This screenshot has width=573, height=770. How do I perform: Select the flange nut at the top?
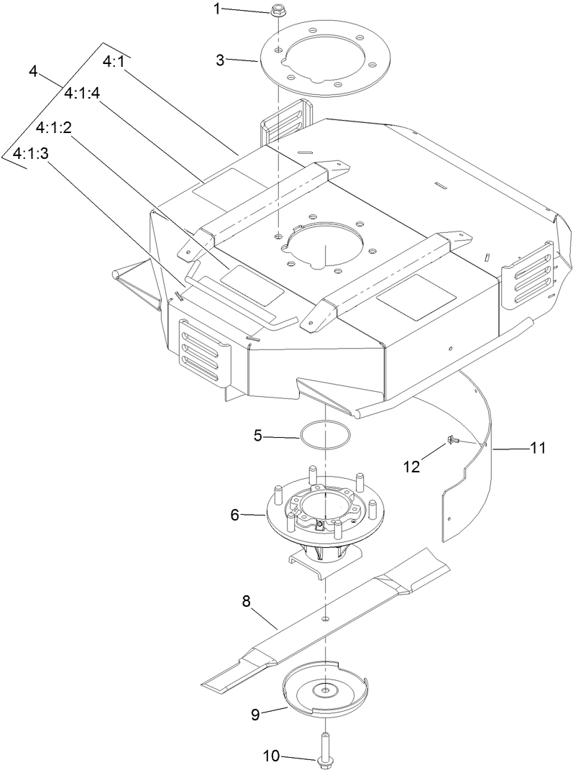(x=277, y=11)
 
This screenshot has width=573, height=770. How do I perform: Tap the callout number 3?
(x=225, y=60)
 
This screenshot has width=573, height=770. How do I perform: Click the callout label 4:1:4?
(x=83, y=94)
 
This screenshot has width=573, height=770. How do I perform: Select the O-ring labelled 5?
(x=325, y=435)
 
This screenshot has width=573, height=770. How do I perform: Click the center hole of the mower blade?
(x=325, y=618)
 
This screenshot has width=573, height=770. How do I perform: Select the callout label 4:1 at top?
(x=114, y=63)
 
